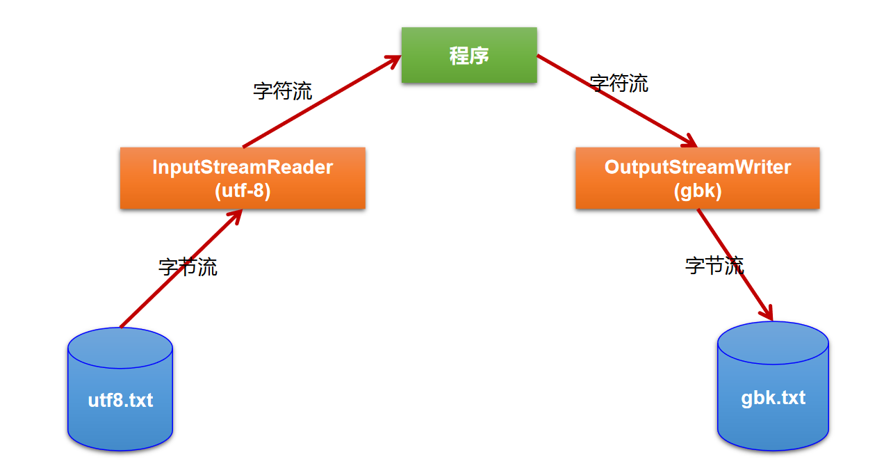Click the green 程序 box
(469, 56)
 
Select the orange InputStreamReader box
(243, 178)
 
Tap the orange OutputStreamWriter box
(697, 178)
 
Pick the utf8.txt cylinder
(120, 390)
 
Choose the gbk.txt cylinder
(773, 386)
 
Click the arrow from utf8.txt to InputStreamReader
(181, 267)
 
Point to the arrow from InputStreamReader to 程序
(322, 102)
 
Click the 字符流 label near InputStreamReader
(283, 91)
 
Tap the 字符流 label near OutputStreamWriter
(619, 83)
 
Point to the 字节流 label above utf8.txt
(188, 267)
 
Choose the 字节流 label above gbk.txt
(714, 265)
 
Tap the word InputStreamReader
(243, 168)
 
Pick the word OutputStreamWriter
(697, 168)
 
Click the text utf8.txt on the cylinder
(120, 401)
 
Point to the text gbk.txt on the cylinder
(773, 398)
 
